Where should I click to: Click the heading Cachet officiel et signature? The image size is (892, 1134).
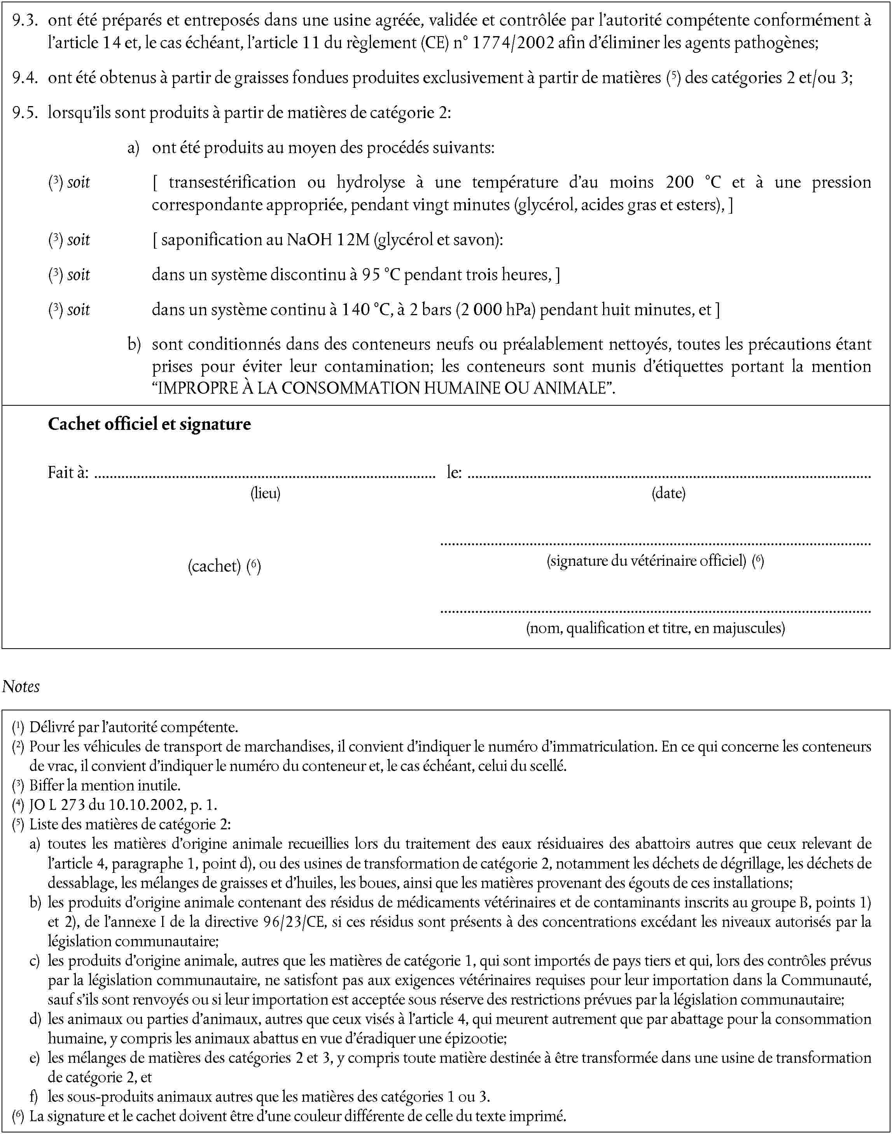[149, 424]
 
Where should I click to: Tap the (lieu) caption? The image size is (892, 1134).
[265, 493]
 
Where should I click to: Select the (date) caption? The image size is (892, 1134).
[668, 493]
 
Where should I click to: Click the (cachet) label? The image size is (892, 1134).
[214, 566]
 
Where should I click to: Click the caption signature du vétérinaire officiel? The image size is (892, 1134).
[647, 561]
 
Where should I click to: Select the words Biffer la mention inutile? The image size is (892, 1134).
[105, 785]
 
